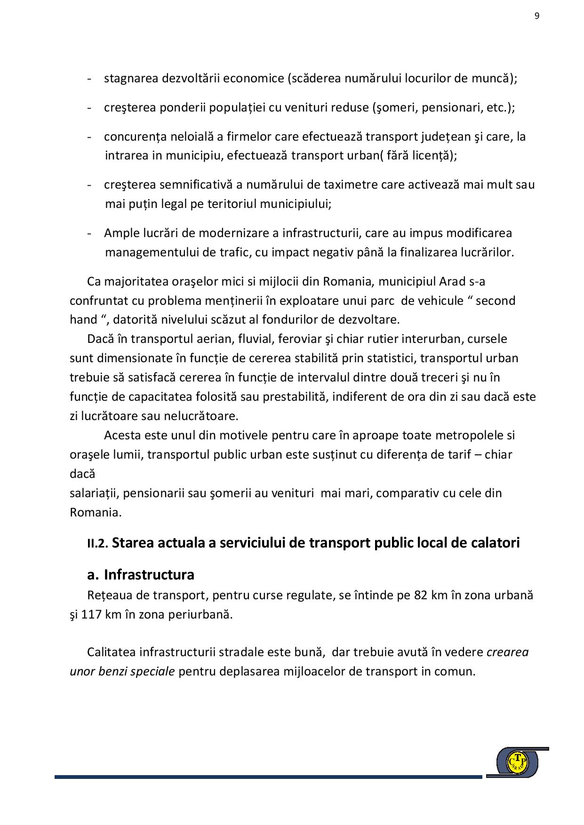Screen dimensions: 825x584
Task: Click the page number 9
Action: [537, 16]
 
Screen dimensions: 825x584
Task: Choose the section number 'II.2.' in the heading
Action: [98, 544]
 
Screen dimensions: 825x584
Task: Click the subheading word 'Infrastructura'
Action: [149, 575]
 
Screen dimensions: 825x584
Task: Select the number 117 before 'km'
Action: [92, 614]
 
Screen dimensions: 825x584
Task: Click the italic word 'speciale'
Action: [152, 671]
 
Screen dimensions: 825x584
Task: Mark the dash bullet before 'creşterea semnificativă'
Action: [89, 184]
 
